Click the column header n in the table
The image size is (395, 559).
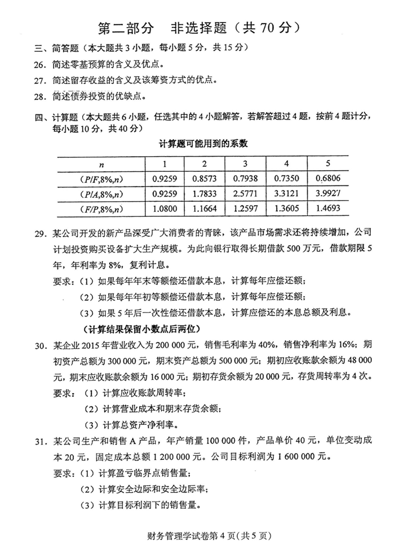tap(102, 165)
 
